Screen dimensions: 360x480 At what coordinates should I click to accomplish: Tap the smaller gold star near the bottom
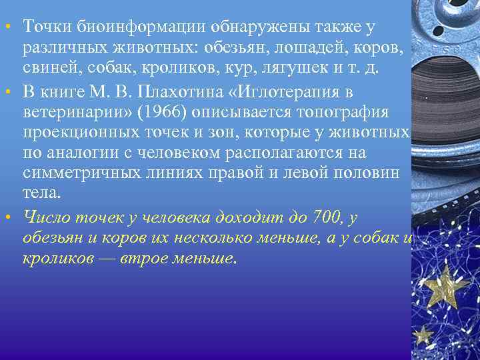coord(421,333)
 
